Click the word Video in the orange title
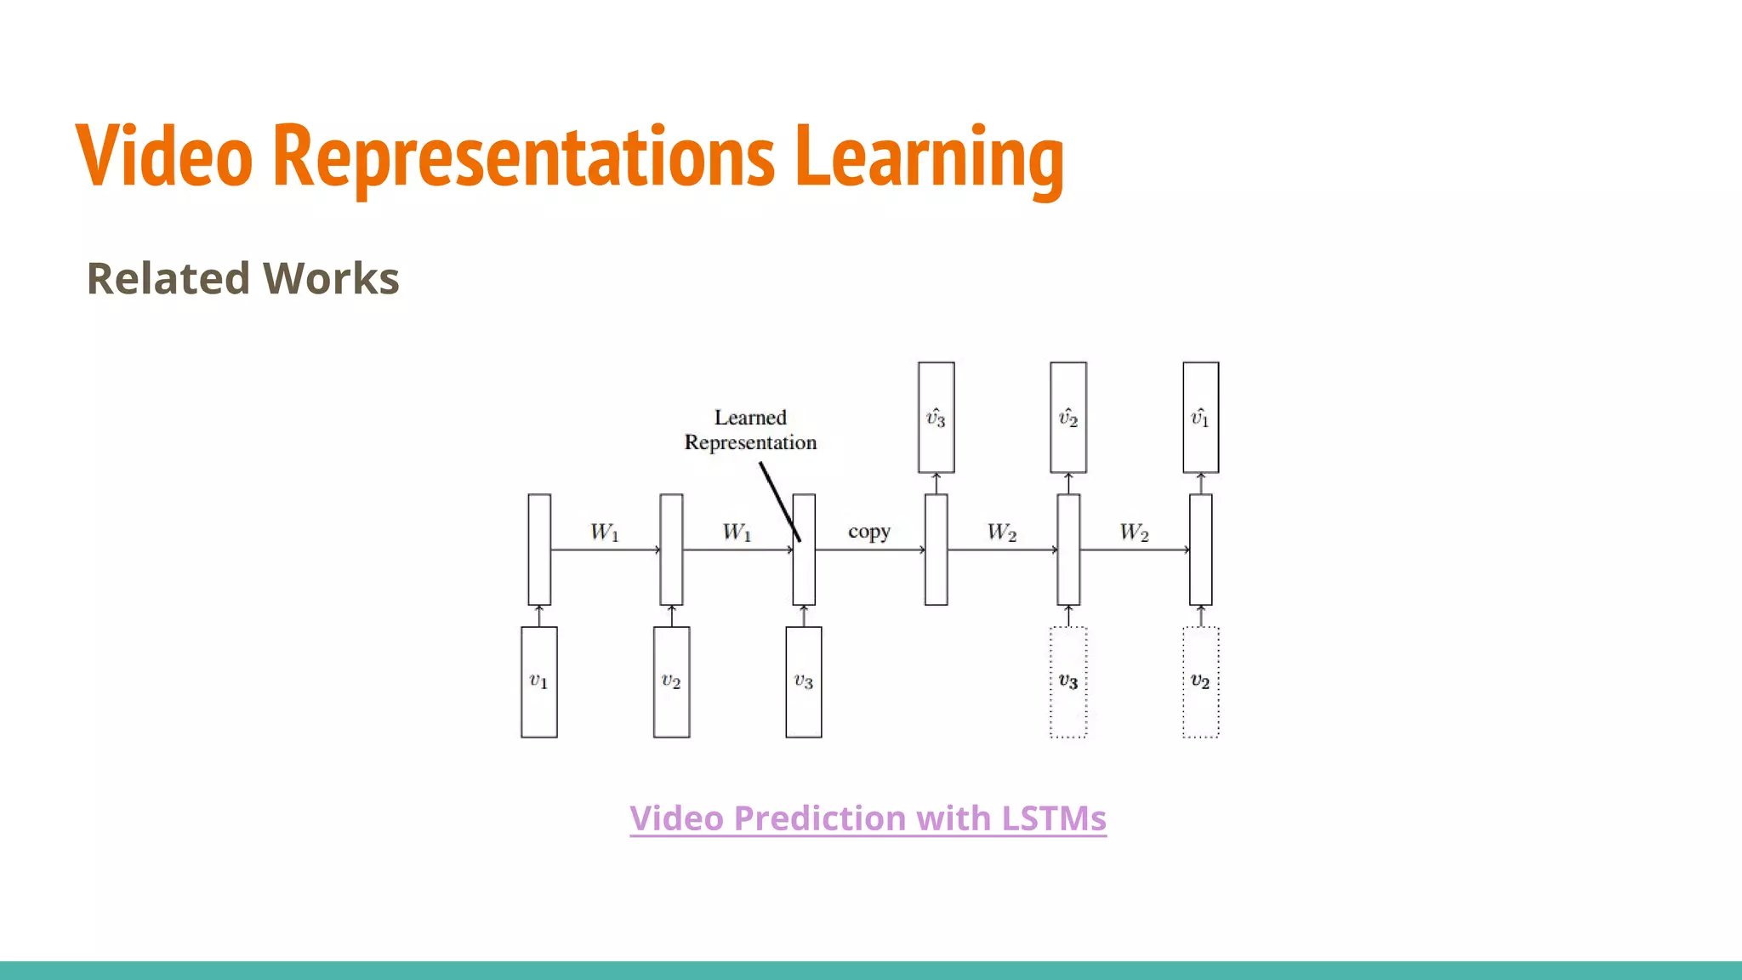(164, 156)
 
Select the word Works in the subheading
(331, 279)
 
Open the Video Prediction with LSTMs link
(868, 818)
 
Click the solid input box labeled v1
(539, 682)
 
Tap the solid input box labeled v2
(671, 682)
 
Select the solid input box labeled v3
(804, 682)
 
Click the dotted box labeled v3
(1068, 682)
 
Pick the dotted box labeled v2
(1200, 682)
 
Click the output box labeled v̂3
(936, 418)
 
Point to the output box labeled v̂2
(1068, 418)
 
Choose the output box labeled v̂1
(1200, 418)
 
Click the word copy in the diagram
(868, 532)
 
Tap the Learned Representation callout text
(750, 430)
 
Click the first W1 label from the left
(605, 533)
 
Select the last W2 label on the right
(1134, 533)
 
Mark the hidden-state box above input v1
(539, 550)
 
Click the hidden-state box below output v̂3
(936, 550)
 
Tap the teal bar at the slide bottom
(871, 970)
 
